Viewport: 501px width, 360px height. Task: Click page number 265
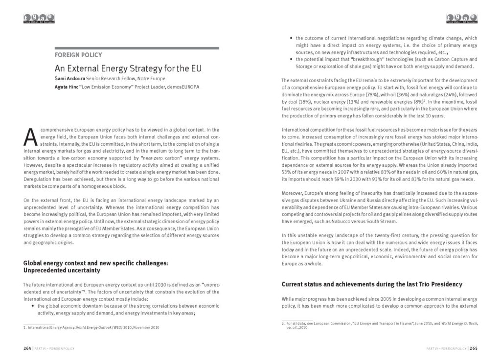click(x=473, y=348)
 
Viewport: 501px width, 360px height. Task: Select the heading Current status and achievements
click(x=371, y=284)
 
